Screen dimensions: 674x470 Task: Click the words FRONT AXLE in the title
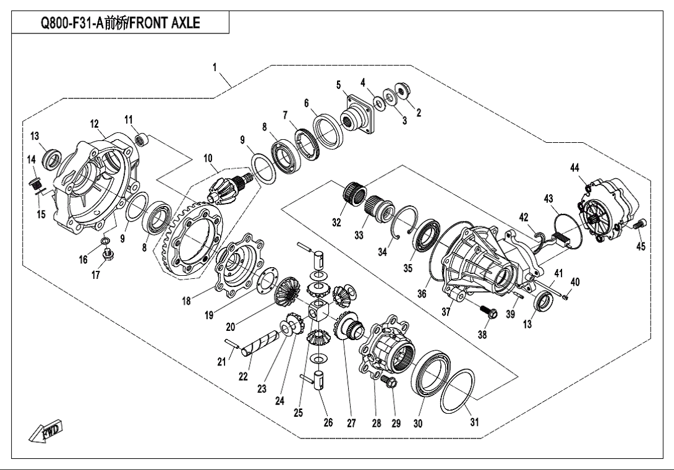point(165,23)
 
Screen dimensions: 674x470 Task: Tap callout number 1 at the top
point(214,67)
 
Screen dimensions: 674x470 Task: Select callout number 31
point(474,422)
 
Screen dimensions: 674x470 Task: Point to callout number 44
point(574,168)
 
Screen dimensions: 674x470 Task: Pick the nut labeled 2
point(404,91)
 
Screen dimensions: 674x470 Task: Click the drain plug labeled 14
point(35,184)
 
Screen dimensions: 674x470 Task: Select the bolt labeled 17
point(107,254)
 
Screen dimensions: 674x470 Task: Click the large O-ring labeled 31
point(458,391)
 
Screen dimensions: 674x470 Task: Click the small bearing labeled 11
point(142,139)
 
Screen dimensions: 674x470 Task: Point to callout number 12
point(94,124)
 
